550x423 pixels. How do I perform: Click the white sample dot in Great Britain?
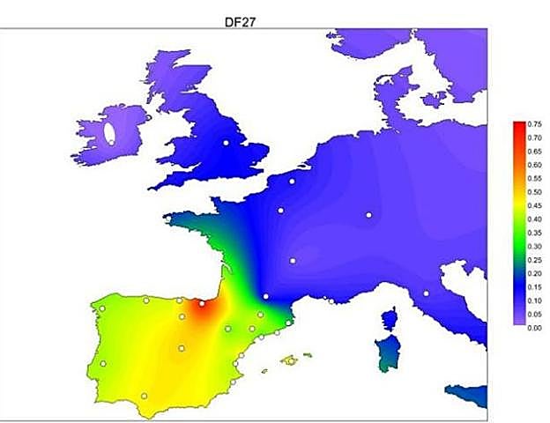click(226, 143)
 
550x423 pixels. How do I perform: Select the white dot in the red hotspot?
click(202, 303)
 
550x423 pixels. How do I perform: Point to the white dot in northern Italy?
click(425, 293)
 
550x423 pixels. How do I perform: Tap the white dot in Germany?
click(368, 215)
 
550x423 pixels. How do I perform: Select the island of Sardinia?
click(385, 352)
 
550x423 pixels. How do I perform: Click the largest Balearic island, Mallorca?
click(289, 360)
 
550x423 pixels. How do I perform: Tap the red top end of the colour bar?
click(519, 127)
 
